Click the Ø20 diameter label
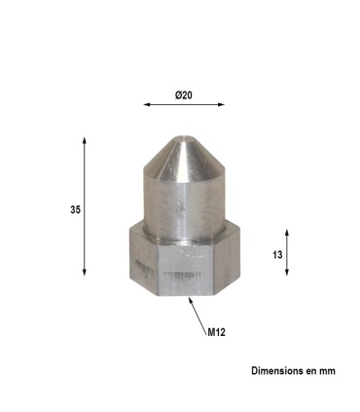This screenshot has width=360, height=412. tap(184, 94)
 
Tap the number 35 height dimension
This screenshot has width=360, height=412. tap(75, 208)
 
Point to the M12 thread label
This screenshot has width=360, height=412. tap(216, 332)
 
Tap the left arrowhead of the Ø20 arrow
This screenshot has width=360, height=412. tap(146, 104)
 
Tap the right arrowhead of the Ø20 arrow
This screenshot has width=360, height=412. tap(222, 104)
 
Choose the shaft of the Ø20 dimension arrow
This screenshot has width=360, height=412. tap(184, 104)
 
